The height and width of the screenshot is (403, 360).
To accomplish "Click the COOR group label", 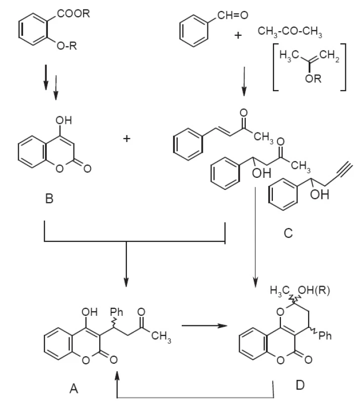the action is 74,14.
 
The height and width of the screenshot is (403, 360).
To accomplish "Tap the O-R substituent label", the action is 67,46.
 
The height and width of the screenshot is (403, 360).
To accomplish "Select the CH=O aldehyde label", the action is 233,16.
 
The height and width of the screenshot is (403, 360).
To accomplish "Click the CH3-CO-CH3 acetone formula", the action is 290,32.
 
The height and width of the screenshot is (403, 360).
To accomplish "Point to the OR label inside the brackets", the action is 313,79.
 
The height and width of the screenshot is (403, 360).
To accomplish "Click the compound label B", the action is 49,198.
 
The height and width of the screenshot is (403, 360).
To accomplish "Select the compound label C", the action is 289,233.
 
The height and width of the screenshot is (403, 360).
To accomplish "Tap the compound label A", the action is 74,388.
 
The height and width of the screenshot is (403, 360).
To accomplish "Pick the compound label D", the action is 300,385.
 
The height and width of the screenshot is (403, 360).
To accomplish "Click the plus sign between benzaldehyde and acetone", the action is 238,35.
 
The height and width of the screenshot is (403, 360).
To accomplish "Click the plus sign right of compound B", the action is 127,139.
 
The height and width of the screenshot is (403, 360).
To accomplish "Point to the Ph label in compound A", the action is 116,312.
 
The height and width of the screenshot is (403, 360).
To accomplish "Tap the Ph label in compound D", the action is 325,335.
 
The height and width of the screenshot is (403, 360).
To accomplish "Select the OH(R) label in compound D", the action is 314,291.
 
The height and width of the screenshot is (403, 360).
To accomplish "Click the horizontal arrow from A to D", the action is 204,325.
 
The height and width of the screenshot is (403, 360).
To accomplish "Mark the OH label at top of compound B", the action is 64,120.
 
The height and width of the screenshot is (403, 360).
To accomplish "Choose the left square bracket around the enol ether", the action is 276,67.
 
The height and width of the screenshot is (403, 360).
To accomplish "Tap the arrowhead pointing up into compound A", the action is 117,376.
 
